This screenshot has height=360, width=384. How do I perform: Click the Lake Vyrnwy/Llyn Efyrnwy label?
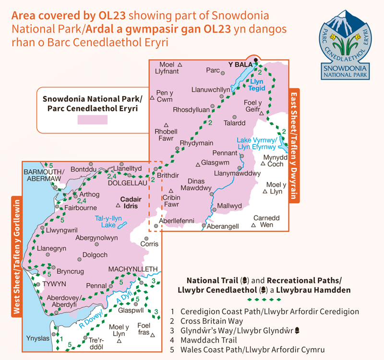coord(256,144)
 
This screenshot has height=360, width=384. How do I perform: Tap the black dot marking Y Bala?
coord(256,60)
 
